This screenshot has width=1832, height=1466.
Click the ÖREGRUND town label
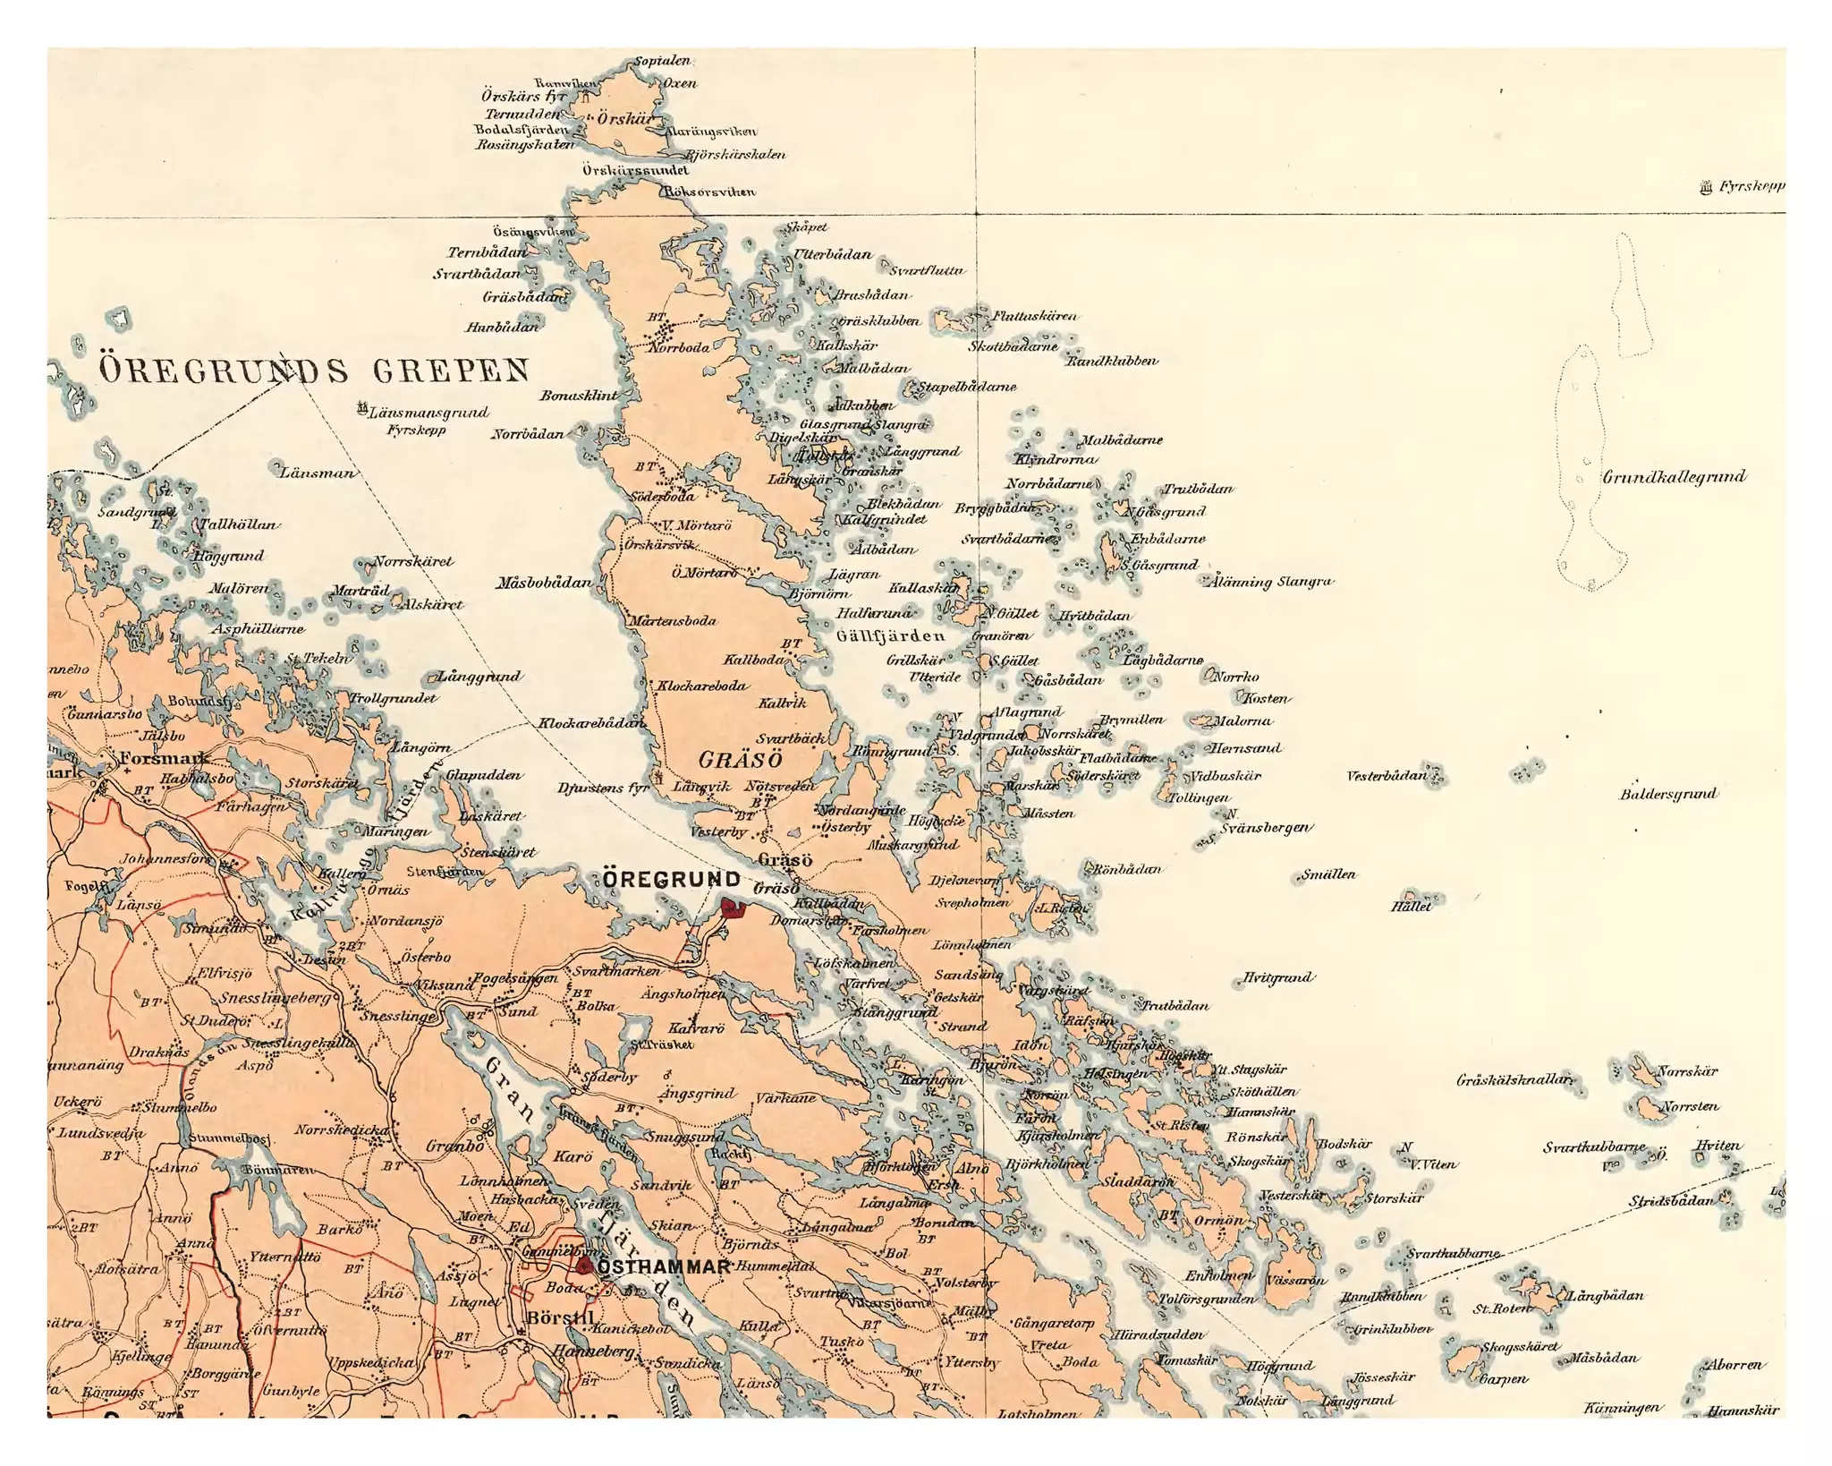pos(671,880)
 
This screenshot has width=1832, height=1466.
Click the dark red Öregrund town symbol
pos(733,908)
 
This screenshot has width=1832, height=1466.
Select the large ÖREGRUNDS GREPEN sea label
pos(313,370)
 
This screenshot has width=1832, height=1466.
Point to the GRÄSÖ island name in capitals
pos(740,760)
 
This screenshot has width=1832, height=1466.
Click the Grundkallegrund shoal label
pos(1673,476)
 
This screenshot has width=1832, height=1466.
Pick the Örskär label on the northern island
pos(625,119)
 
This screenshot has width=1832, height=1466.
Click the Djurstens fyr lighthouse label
pos(602,788)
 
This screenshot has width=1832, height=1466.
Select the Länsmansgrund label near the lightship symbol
pos(428,413)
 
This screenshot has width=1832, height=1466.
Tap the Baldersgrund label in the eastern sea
pos(1668,794)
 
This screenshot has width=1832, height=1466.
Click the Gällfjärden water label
pos(889,635)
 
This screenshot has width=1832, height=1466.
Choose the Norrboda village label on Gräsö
pos(679,347)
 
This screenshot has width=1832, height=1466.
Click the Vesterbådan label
pos(1387,775)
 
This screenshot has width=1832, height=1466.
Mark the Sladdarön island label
pos(1137,1181)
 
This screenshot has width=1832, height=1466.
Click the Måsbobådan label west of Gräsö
pos(544,583)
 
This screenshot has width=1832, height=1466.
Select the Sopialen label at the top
pos(662,61)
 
